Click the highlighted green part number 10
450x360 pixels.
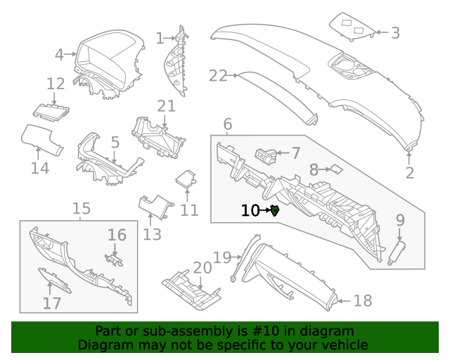point(275,210)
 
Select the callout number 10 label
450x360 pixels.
point(250,210)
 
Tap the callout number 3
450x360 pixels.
point(395,32)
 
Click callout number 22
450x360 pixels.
point(218,75)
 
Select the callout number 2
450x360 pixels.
point(409,172)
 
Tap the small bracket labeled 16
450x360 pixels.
point(114,260)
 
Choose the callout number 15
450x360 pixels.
point(81,208)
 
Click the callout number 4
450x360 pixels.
point(60,53)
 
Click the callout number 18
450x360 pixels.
point(362,301)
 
